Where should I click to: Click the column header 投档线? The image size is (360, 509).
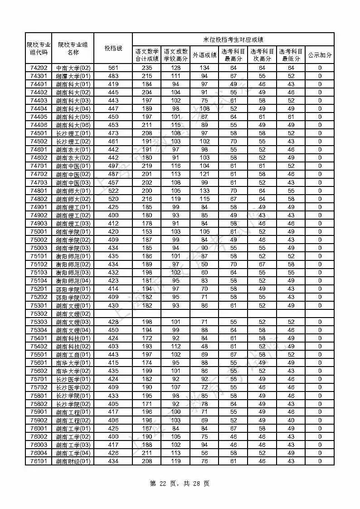point(113,49)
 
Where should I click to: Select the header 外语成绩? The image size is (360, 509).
point(204,55)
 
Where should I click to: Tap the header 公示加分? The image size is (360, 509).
point(320,55)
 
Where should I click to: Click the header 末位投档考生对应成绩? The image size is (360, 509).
point(233,39)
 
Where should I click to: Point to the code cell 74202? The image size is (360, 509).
point(39,68)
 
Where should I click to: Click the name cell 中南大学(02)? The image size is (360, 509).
point(73,68)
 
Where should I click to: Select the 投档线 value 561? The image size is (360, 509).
point(113,68)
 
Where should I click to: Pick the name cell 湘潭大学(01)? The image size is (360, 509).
point(73,76)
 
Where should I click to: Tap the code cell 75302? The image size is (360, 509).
point(39,313)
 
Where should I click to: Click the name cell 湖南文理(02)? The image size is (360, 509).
point(73,313)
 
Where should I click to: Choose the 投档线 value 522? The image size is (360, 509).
point(113,191)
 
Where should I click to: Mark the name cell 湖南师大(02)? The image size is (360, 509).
point(73,199)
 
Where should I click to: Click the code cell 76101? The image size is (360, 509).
point(39,461)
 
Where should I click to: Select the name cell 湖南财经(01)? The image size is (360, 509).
point(73,461)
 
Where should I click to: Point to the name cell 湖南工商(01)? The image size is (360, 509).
point(73,355)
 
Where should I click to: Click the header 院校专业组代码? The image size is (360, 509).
point(39,49)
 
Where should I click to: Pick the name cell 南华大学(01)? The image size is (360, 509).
point(73,363)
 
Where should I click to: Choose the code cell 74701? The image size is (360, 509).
point(39,166)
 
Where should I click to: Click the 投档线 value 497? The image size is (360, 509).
point(113,166)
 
